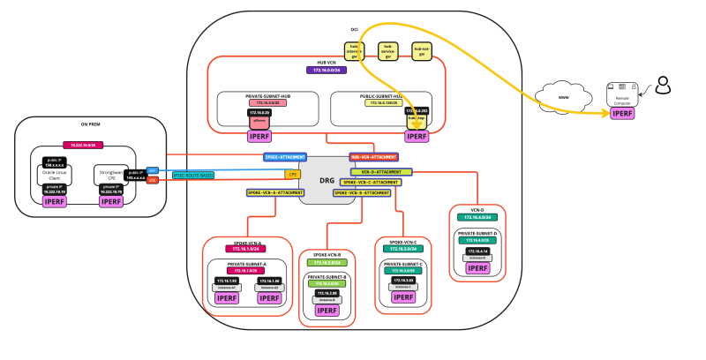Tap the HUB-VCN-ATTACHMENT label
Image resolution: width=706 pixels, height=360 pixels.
[x=373, y=157]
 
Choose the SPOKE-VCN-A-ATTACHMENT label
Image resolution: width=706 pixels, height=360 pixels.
[x=274, y=192]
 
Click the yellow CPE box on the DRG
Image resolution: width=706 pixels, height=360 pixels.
[x=292, y=175]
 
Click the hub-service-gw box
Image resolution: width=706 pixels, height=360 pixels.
[x=389, y=51]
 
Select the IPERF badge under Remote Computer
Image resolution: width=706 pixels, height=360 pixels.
[x=622, y=114]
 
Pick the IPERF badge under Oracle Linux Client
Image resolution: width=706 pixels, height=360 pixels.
[x=56, y=202]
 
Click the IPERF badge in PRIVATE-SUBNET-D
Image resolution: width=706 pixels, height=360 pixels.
[x=477, y=266]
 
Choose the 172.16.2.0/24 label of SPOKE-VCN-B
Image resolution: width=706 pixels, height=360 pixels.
[x=327, y=263]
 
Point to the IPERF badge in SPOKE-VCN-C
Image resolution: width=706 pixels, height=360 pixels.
[x=402, y=297]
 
